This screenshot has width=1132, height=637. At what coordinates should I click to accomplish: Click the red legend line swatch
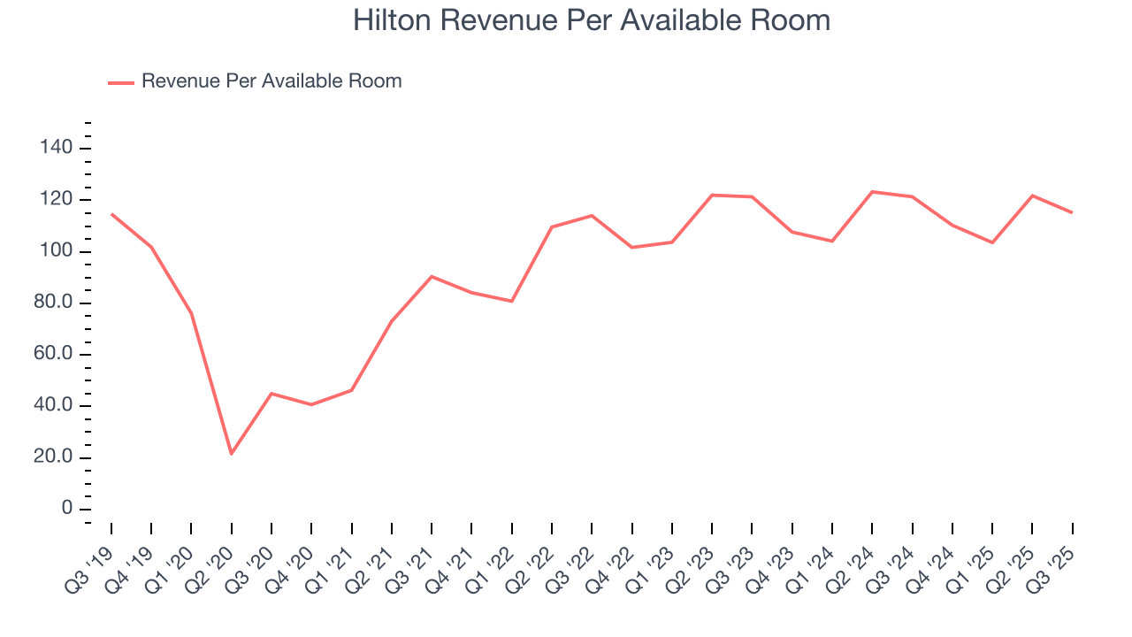tap(120, 82)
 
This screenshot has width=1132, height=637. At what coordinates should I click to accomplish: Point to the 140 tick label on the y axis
tap(55, 148)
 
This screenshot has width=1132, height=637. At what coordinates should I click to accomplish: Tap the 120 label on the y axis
tap(55, 200)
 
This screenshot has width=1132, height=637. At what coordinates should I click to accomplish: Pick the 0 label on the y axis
tap(65, 510)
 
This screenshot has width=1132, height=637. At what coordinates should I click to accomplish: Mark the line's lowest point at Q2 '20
tap(232, 454)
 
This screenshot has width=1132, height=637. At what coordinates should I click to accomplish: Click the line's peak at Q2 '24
tap(872, 192)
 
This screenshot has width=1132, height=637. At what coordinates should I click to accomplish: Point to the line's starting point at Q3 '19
tap(111, 214)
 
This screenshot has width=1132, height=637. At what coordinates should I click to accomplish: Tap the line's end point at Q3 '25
tap(1072, 212)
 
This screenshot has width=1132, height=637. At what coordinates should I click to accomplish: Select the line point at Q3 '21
tap(432, 276)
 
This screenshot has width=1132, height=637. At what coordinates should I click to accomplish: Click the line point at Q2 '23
tap(712, 195)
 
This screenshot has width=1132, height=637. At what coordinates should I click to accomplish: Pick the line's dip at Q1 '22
tap(512, 301)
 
